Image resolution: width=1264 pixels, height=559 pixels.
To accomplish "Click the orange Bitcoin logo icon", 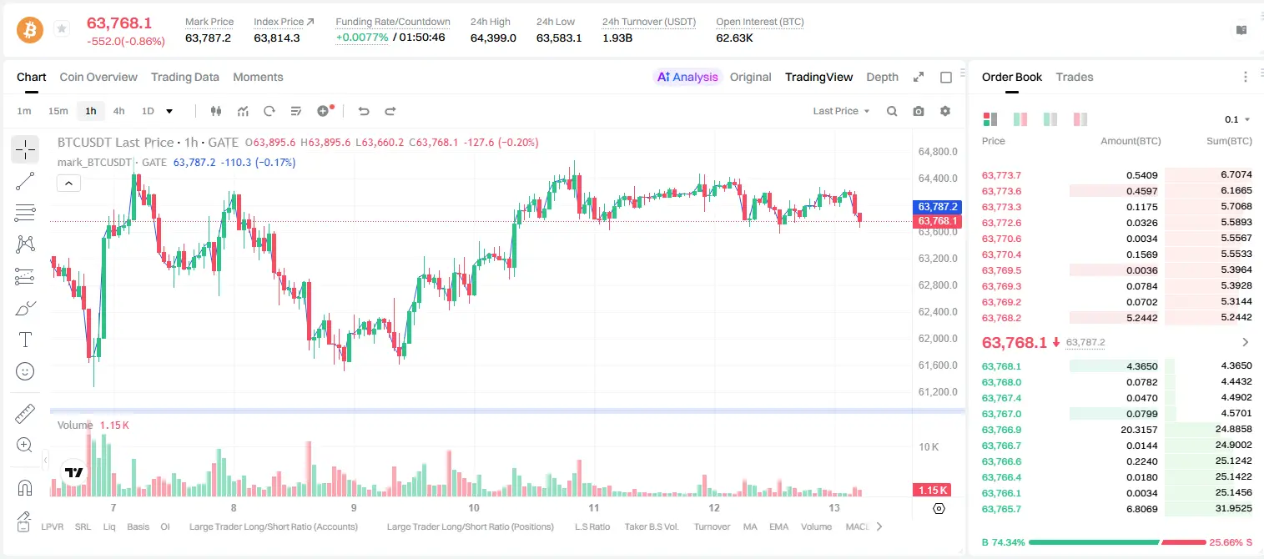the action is point(30,30).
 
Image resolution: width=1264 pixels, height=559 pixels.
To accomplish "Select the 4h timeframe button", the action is point(118,111).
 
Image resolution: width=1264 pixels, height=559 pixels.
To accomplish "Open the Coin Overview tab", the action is point(98,77).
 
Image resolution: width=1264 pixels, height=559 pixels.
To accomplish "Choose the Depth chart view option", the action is point(882,77).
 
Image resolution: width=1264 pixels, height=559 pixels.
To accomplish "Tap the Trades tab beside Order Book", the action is point(1075,77).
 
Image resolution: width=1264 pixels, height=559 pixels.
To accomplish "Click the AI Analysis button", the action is point(687,77).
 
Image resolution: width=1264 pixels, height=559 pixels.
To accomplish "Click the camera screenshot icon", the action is point(919,111).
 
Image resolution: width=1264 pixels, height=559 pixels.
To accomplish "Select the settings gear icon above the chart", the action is point(945,111).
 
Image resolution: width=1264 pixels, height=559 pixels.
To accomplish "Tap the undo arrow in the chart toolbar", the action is point(364,111).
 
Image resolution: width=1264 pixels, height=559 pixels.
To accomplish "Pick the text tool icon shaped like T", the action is point(25,340).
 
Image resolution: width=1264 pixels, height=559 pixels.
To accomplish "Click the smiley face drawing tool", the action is point(25,371).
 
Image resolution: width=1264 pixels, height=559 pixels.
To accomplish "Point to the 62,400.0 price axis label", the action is point(938,311).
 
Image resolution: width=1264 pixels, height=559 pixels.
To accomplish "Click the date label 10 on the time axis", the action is point(473,507).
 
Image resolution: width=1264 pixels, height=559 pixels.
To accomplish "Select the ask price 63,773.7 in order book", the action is point(1001,175).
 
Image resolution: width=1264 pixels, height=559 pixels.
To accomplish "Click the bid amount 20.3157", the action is point(1139,430).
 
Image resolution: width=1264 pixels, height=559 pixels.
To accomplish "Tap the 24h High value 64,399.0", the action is point(493,38).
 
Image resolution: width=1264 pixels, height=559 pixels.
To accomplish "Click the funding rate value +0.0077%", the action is point(362,38).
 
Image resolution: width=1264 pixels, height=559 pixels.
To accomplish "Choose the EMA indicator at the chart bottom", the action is point(778,526).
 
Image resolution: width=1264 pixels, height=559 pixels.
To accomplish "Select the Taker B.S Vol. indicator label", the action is point(651,526).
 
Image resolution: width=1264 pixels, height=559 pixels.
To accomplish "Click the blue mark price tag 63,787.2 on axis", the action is point(937,207).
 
